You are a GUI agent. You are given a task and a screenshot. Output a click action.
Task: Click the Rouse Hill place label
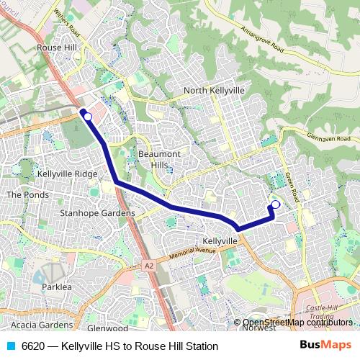click(x=56, y=48)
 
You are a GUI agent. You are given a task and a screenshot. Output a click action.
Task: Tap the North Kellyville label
click(x=214, y=91)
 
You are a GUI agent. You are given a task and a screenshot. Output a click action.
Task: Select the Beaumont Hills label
click(x=159, y=160)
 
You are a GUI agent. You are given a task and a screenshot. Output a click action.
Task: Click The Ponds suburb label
click(x=27, y=195)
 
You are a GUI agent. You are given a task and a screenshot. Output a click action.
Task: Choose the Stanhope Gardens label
click(x=97, y=213)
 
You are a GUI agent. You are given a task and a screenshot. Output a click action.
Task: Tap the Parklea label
click(x=57, y=287)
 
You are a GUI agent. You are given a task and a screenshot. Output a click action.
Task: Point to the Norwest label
click(x=258, y=328)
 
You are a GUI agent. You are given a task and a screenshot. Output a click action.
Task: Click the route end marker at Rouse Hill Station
click(x=88, y=116)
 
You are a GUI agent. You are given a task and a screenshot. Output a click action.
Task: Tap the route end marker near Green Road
click(x=275, y=204)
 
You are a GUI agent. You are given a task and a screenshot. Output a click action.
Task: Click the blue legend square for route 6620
click(x=11, y=346)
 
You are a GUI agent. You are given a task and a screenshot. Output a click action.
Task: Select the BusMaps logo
click(x=325, y=345)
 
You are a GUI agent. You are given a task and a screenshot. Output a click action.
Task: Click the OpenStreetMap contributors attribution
click(x=296, y=322)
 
